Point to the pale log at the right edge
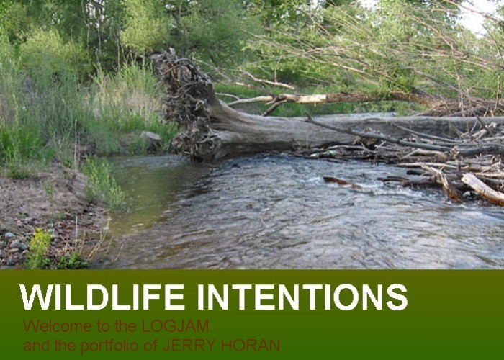(x=482, y=189)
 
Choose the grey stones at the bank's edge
(x=14, y=241)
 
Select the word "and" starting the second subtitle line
(x=34, y=346)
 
